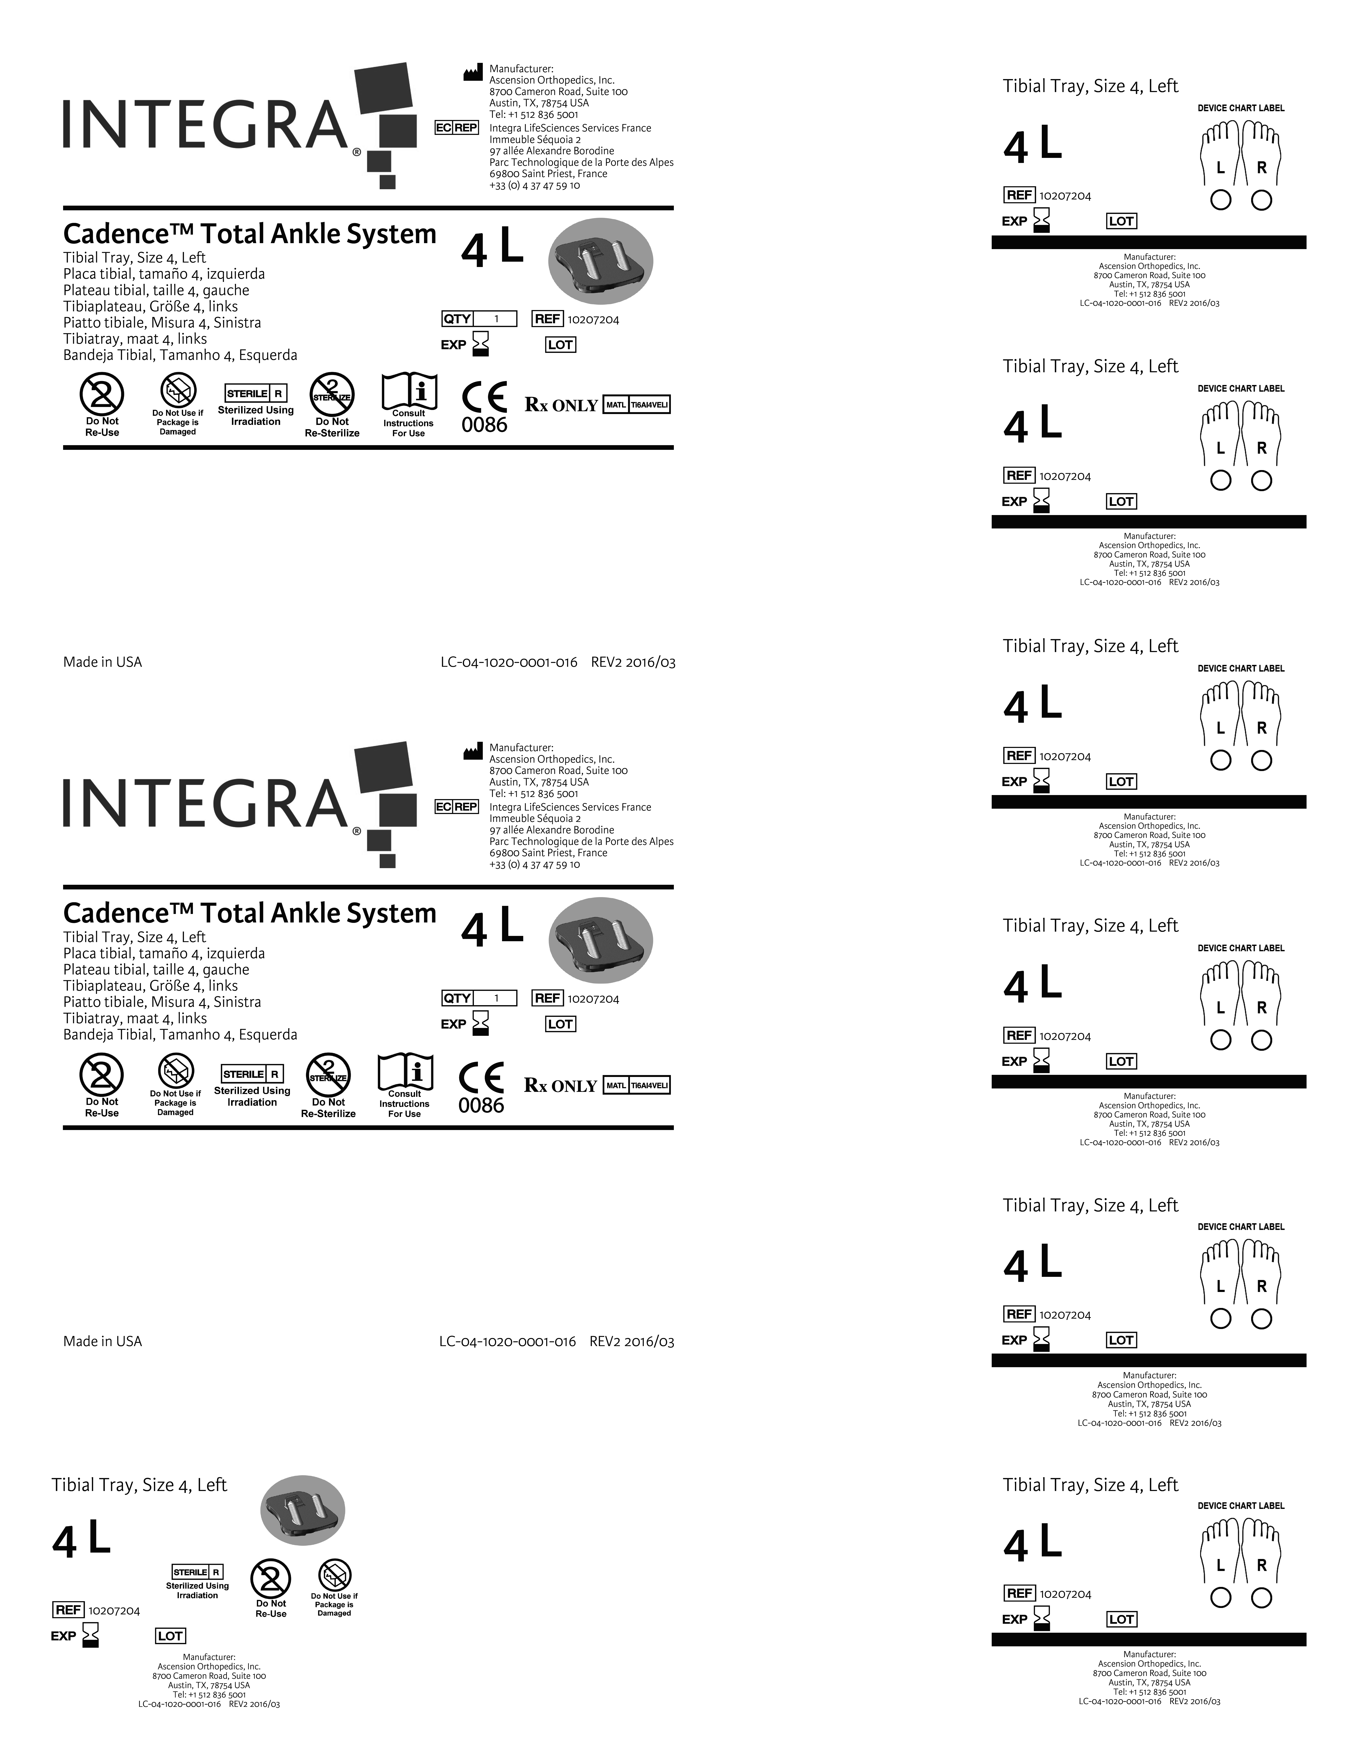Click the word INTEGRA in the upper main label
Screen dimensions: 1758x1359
pos(205,125)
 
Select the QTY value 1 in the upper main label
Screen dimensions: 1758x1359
pos(496,319)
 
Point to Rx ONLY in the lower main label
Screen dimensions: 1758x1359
pos(560,1086)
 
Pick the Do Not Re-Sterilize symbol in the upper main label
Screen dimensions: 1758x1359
pos(332,394)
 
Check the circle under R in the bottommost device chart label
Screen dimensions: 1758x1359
pos(1262,1598)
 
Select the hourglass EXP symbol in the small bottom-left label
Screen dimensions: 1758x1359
pos(90,1635)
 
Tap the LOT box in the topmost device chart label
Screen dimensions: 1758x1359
pos(1122,221)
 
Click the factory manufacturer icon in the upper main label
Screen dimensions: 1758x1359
pos(473,73)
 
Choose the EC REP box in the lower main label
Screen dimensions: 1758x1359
pos(456,807)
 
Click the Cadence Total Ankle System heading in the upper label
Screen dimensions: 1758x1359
pos(250,234)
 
